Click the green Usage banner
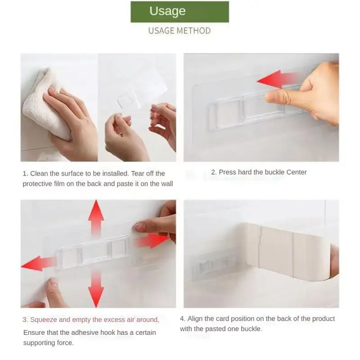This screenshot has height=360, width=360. (180, 12)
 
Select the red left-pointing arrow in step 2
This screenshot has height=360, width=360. (279, 79)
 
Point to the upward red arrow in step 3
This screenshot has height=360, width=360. (96, 218)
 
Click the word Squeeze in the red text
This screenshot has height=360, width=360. (44, 320)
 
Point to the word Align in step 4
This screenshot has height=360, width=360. (195, 319)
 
